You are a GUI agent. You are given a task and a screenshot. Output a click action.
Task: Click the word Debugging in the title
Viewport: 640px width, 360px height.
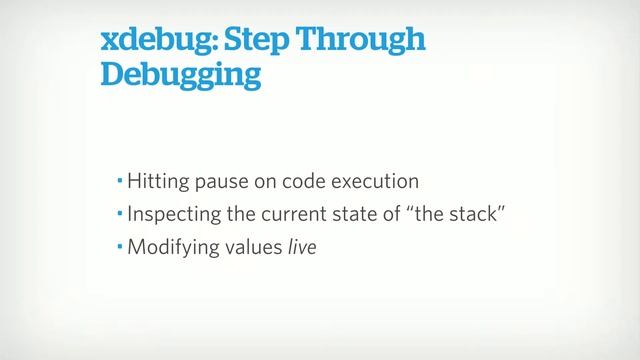click(181, 76)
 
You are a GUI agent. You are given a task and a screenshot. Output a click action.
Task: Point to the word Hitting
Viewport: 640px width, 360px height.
click(155, 183)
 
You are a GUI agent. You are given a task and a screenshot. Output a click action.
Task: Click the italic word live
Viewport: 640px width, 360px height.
click(301, 245)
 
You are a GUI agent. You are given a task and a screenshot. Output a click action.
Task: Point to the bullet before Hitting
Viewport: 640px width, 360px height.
click(119, 182)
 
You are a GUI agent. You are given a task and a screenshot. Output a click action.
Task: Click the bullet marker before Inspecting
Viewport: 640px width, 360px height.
click(119, 213)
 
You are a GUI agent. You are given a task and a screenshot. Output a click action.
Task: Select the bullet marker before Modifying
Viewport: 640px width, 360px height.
click(119, 244)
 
